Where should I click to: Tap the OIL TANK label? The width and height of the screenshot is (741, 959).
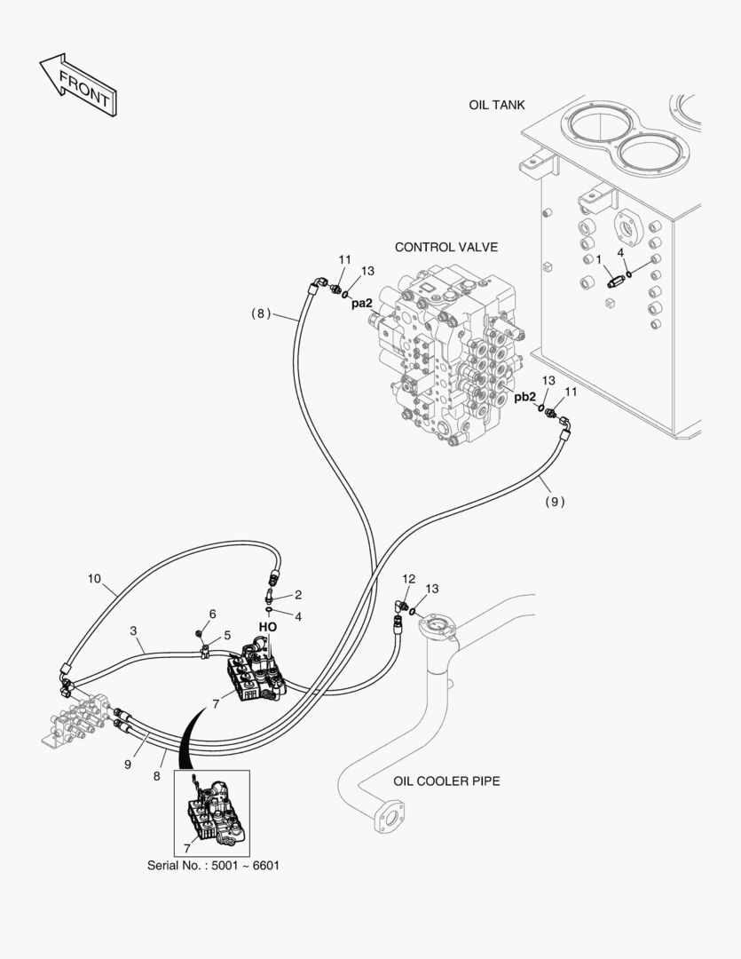[497, 105]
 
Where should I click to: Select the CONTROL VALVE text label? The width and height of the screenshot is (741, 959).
[446, 247]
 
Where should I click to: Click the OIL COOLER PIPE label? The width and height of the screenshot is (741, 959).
[446, 781]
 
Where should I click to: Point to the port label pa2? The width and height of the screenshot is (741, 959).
[361, 303]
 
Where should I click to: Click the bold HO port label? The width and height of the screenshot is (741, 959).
[268, 626]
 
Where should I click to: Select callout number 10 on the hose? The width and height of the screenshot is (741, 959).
[94, 578]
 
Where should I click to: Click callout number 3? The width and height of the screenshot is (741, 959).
[133, 630]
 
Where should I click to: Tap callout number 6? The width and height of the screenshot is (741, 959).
[212, 614]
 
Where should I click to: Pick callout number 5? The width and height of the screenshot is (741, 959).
[226, 635]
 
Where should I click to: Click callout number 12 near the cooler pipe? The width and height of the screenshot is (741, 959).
[408, 579]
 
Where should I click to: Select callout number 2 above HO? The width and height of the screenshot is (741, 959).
[298, 594]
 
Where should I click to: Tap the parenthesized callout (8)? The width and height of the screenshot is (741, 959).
[260, 313]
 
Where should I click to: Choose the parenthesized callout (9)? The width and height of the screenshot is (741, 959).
[556, 501]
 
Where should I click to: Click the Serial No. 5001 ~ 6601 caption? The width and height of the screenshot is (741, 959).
[213, 865]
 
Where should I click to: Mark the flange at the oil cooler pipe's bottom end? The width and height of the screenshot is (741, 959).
[389, 816]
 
